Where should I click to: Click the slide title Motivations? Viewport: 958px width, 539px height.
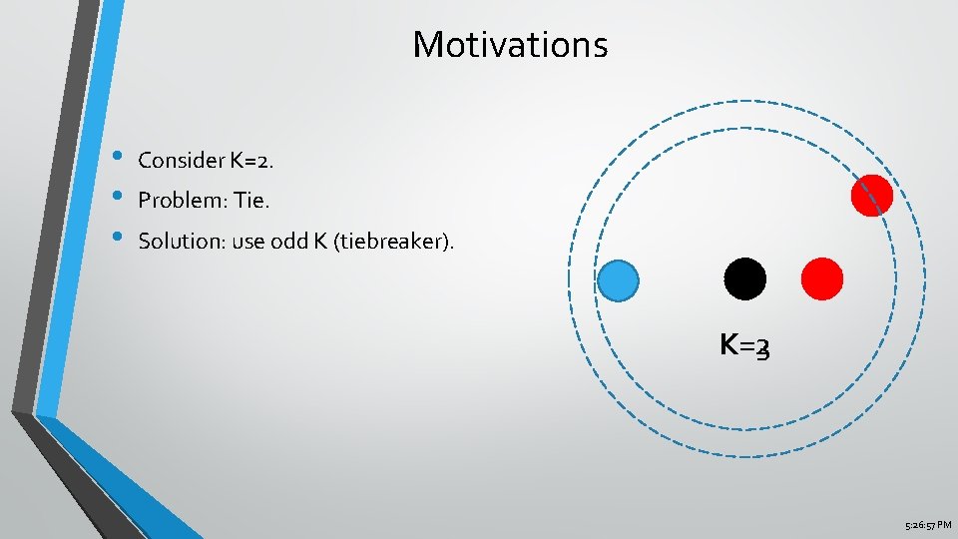pos(510,44)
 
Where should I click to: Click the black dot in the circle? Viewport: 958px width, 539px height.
pos(744,278)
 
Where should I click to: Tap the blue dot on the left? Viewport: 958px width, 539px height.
pos(618,279)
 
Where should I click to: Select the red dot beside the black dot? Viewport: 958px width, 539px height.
pos(822,278)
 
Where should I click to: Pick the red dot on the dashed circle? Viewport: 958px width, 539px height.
pos(872,195)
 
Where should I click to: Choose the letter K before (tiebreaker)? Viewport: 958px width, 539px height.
pos(323,241)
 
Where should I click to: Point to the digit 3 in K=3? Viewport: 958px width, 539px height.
pos(763,347)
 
